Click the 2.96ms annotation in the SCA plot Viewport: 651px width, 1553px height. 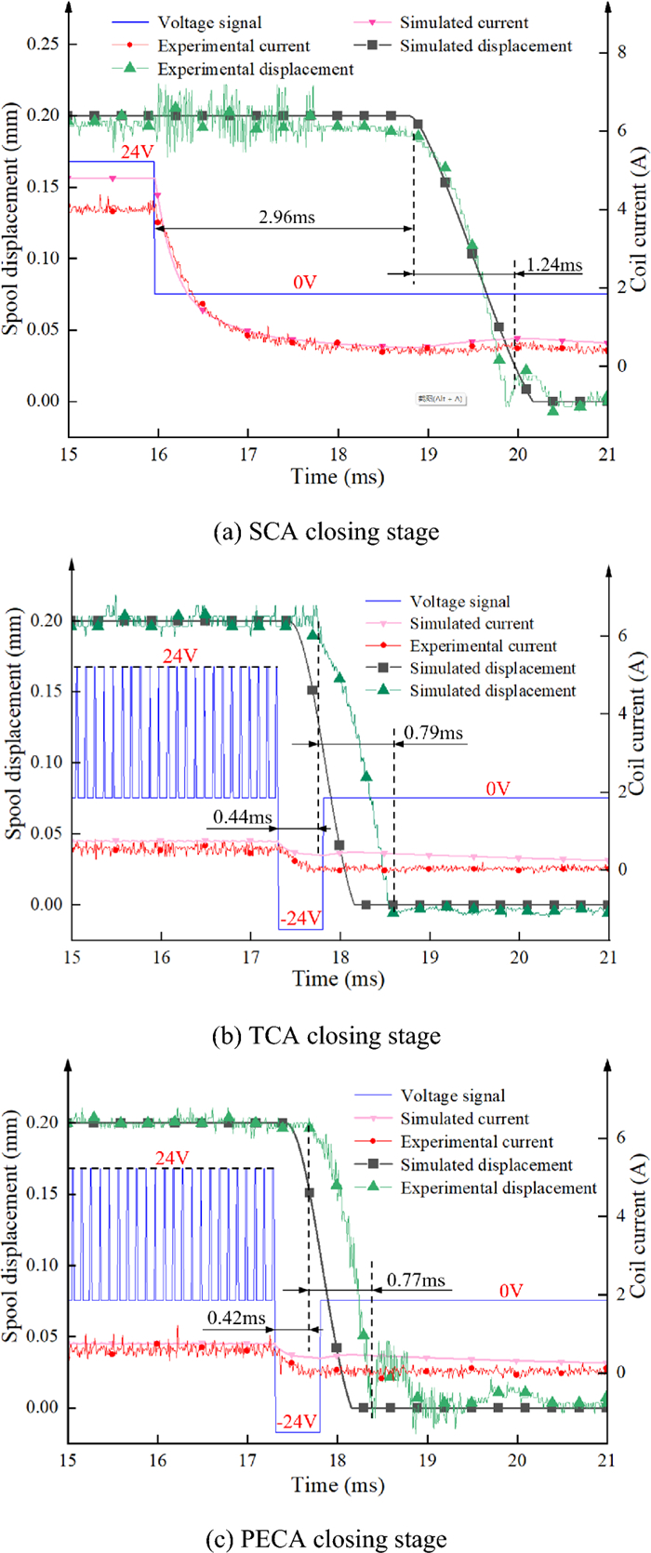click(x=286, y=218)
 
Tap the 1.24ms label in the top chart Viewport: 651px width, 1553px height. click(x=554, y=264)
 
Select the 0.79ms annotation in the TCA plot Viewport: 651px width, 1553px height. click(x=433, y=734)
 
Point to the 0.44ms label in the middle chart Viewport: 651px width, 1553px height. click(x=242, y=791)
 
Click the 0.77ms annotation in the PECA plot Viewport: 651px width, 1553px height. click(x=416, y=1280)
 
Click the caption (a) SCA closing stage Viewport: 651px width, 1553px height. click(x=325, y=532)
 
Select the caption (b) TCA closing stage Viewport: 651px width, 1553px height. click(x=325, y=1035)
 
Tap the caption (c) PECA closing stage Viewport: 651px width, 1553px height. click(x=325, y=1539)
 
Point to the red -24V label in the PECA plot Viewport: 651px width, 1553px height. click(x=297, y=1422)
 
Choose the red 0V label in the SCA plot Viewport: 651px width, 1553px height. click(x=305, y=282)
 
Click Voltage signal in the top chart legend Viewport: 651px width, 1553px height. click(x=209, y=22)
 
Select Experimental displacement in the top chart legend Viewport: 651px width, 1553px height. click(x=256, y=69)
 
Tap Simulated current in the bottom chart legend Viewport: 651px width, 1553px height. click(x=464, y=1119)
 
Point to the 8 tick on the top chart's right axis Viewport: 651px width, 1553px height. click(x=620, y=52)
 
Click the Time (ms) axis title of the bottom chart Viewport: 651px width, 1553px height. click(x=338, y=1484)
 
